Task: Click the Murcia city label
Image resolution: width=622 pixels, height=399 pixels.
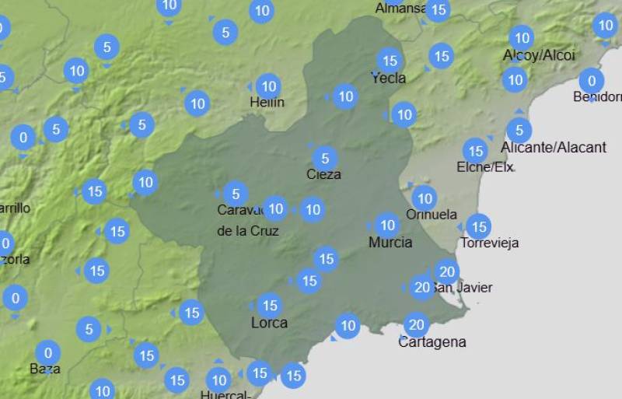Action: tap(390, 243)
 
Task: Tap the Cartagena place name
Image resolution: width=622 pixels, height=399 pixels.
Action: tap(432, 342)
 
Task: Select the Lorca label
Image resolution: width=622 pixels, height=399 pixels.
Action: tap(269, 323)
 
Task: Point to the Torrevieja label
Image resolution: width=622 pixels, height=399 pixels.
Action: tap(490, 243)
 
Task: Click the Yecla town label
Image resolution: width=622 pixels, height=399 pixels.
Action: tap(389, 78)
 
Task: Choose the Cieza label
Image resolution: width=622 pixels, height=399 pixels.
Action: tap(323, 174)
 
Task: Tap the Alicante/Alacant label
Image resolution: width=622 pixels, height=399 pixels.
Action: tap(554, 147)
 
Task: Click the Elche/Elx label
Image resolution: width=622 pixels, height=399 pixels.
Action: tap(485, 167)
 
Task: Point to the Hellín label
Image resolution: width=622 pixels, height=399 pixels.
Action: tap(267, 103)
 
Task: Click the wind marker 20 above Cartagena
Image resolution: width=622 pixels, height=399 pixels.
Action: tap(417, 324)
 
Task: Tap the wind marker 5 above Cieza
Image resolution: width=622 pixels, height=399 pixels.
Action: tap(325, 158)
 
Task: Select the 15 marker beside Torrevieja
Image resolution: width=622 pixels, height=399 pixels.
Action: tap(478, 226)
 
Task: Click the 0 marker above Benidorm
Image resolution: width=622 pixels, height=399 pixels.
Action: tap(592, 80)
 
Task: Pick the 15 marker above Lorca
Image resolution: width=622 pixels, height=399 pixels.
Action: tap(269, 305)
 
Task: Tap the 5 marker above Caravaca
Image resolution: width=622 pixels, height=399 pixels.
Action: tap(236, 194)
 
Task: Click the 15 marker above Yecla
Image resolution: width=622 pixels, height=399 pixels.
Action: tap(389, 60)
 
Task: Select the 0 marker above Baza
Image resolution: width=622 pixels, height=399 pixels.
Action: tap(47, 352)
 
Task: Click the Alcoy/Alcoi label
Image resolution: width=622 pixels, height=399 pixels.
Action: tap(539, 55)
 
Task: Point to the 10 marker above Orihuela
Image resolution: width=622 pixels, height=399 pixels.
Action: tap(424, 197)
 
